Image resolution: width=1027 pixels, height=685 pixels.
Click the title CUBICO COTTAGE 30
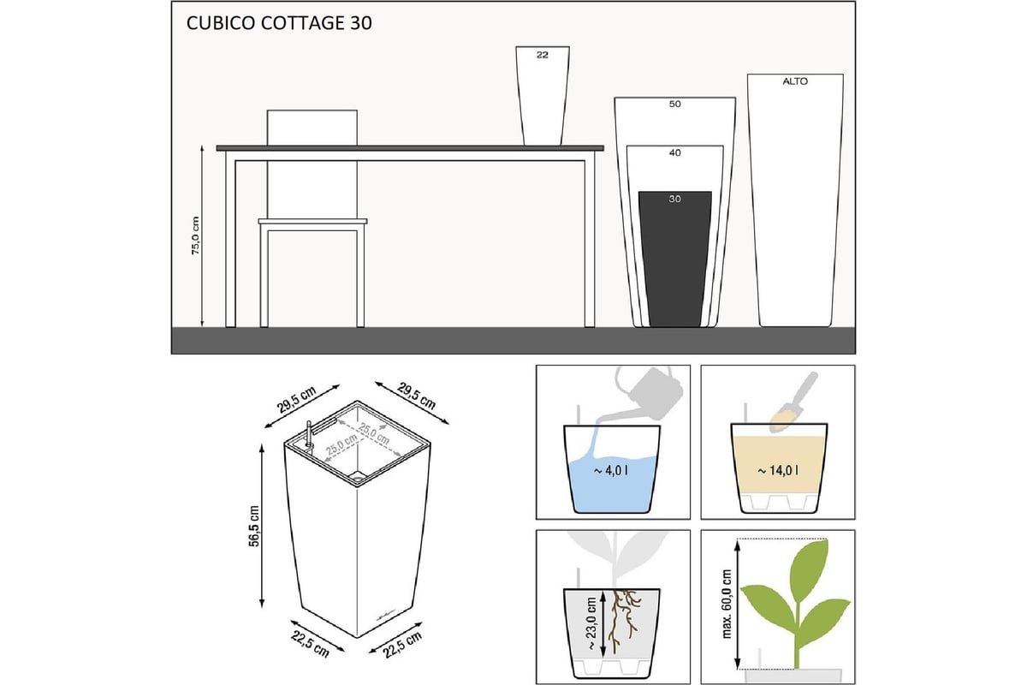[x=279, y=23]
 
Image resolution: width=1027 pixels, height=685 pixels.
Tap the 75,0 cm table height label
[x=196, y=235]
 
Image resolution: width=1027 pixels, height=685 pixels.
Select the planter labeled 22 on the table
[x=543, y=95]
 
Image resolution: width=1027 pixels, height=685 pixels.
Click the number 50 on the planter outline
[x=674, y=104]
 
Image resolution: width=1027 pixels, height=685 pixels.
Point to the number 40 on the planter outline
[x=674, y=152]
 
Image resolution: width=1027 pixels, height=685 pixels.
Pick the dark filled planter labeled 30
[x=675, y=259]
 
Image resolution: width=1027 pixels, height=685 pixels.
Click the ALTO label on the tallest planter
[x=795, y=81]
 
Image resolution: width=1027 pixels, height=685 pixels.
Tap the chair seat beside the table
[x=312, y=221]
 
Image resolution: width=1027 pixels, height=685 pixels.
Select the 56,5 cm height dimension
[x=254, y=526]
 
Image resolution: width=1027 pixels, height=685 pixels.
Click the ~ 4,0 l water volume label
[x=611, y=471]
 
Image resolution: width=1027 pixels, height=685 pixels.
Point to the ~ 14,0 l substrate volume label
[x=778, y=471]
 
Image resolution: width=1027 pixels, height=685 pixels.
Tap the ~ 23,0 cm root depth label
[x=591, y=623]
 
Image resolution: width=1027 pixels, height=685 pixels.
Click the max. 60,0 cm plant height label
[x=727, y=604]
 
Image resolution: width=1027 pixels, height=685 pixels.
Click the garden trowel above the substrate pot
[x=793, y=402]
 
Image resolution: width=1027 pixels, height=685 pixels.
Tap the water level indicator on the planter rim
[x=309, y=434]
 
